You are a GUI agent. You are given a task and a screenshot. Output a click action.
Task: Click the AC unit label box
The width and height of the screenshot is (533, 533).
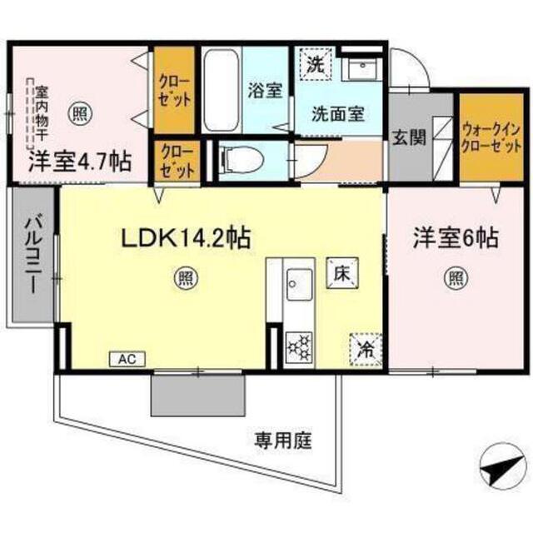127,359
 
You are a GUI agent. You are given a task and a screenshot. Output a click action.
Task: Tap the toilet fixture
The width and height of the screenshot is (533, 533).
242,159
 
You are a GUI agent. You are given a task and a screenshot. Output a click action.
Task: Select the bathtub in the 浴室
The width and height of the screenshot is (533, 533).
221,90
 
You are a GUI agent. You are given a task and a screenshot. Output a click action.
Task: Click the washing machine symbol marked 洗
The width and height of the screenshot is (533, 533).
316,64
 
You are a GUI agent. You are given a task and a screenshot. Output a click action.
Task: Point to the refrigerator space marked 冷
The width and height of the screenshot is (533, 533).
366,350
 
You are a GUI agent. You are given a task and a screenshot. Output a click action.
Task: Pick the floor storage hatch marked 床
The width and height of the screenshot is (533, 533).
342,273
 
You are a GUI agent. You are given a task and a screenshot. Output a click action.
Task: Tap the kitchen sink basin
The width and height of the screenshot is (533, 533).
299,285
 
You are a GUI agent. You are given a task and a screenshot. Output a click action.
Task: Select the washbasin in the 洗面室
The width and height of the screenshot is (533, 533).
361,67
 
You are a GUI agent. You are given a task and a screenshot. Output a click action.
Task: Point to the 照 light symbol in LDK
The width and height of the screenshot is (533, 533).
186,279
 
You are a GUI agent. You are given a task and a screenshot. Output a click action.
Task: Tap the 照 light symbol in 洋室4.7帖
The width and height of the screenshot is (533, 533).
80,114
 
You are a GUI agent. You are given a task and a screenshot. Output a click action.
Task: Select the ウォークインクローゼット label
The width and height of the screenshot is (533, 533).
491,138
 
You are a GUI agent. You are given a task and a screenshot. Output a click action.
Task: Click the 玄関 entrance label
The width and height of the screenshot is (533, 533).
409,137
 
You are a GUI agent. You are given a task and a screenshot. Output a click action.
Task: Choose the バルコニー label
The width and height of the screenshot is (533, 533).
33,252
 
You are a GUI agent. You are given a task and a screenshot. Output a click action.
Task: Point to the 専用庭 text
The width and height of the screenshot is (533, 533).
283,441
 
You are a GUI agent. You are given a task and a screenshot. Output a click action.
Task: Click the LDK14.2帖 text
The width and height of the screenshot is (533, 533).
187,238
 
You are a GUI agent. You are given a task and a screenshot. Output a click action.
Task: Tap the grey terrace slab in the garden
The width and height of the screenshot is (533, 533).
198,395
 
